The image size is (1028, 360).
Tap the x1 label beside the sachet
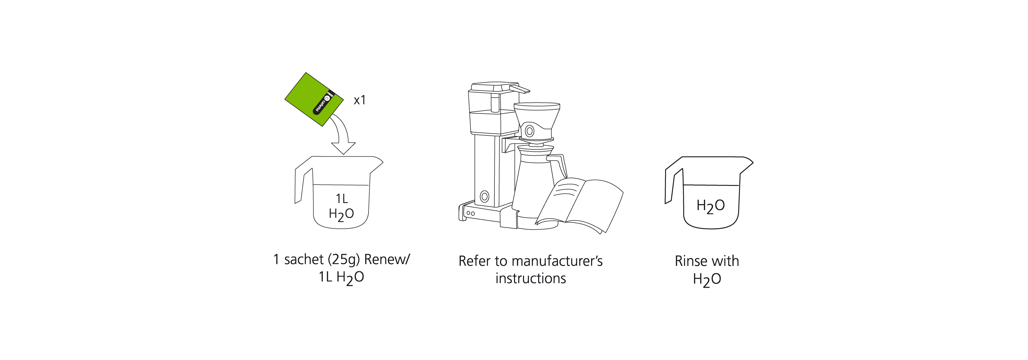point(360,100)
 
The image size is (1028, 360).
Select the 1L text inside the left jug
point(342,198)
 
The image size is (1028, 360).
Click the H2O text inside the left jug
point(341,214)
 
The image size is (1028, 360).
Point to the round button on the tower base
point(484,196)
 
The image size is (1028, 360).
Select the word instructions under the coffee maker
point(530,278)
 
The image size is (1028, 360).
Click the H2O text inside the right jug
point(710,206)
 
